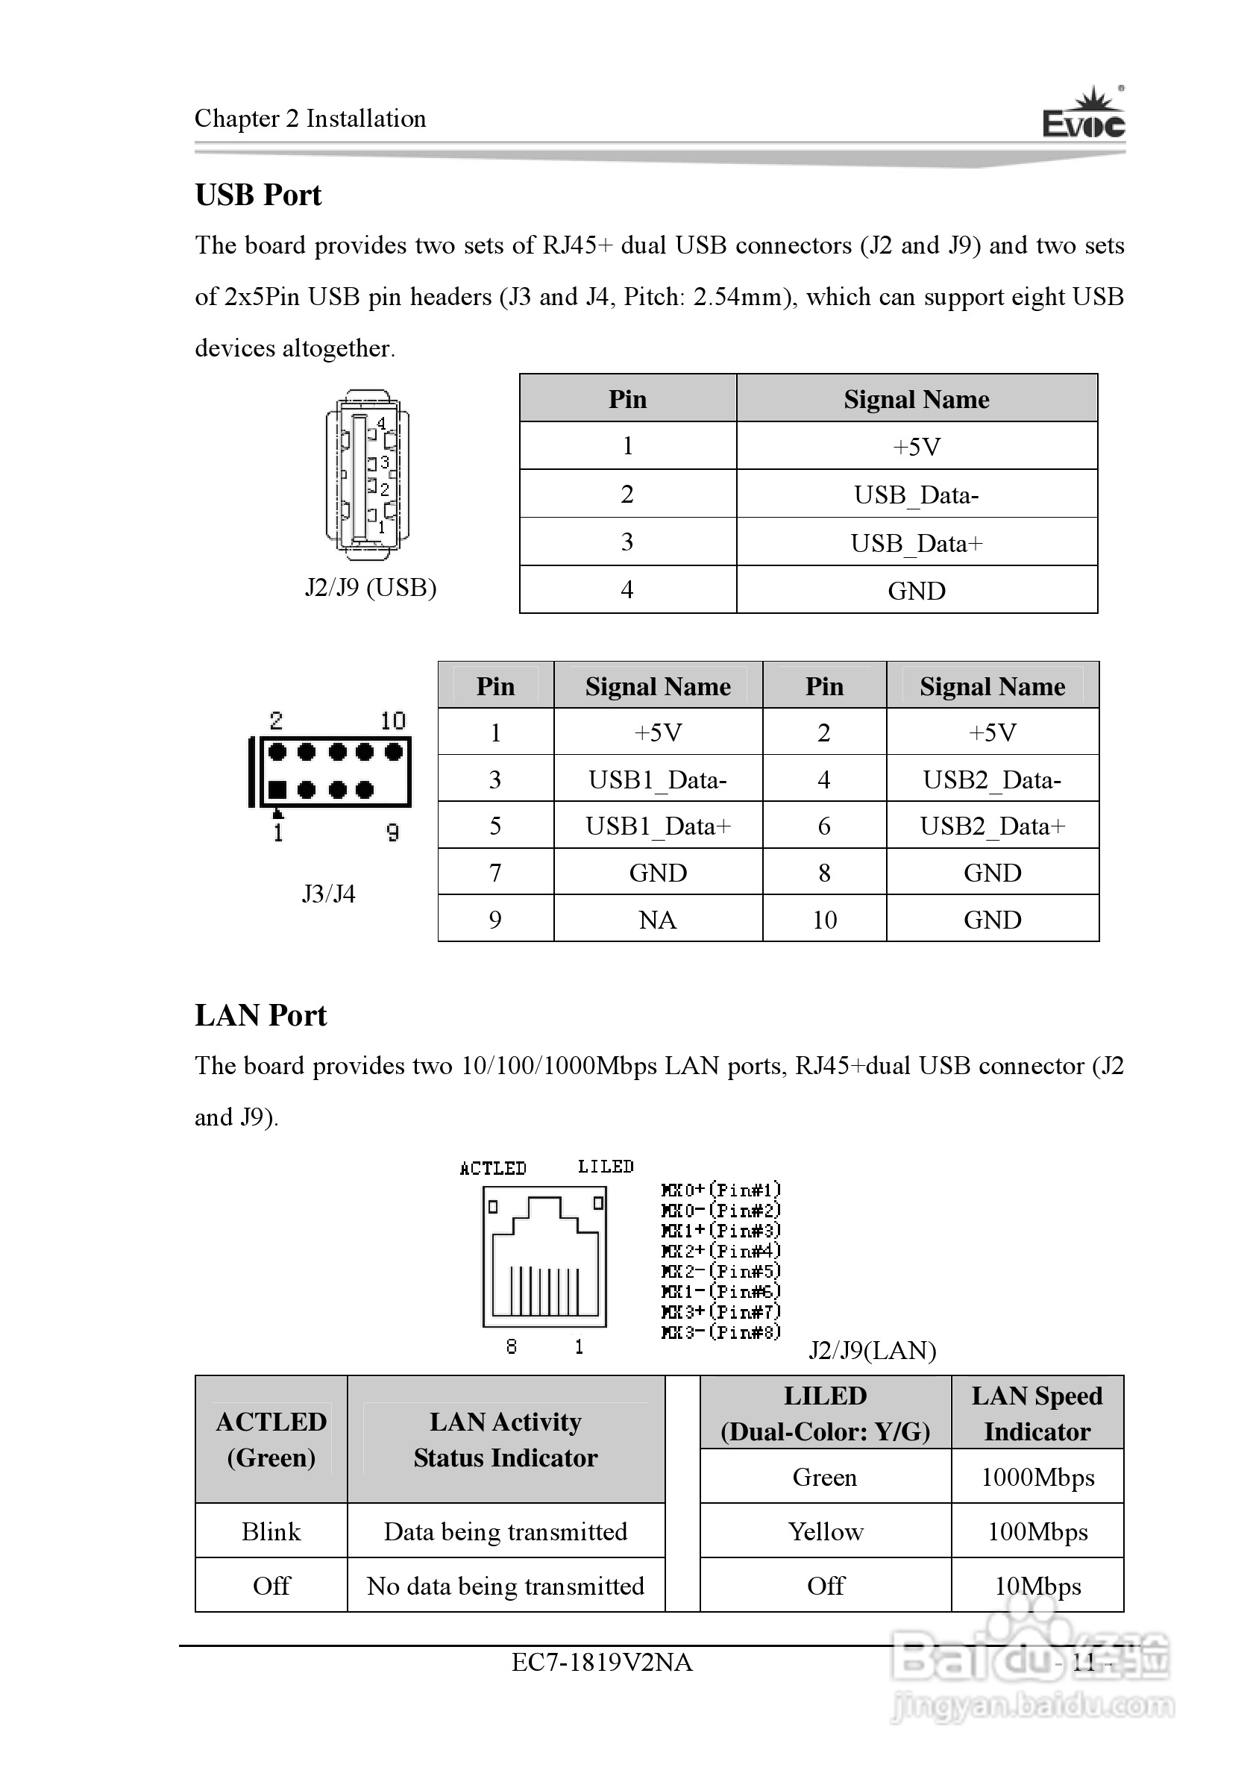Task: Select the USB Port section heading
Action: [258, 195]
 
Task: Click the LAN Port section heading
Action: [260, 1015]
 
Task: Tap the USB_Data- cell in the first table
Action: [916, 495]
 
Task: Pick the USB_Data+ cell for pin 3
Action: [916, 543]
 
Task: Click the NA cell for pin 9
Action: [657, 920]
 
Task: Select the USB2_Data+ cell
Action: [993, 826]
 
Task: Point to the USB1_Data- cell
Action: [657, 779]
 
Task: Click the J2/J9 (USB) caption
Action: [371, 588]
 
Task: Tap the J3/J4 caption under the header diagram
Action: [329, 894]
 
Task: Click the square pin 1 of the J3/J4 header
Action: [277, 790]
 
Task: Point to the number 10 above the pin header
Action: [393, 721]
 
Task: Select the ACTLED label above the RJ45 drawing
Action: [493, 1168]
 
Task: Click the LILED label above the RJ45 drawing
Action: [606, 1167]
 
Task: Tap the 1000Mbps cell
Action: [1037, 1478]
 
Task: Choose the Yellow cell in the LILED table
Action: [826, 1531]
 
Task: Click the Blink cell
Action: [271, 1531]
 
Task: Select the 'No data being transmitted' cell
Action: [505, 1586]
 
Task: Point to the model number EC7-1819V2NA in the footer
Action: [602, 1663]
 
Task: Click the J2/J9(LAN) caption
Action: [873, 1351]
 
